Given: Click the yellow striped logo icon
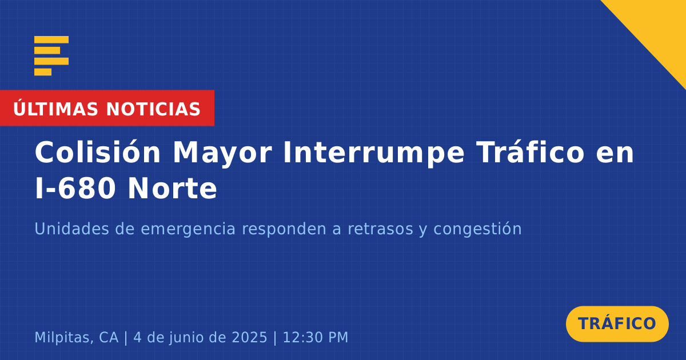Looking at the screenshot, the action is (51, 56).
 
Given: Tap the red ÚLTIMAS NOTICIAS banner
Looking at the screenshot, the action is (107, 108).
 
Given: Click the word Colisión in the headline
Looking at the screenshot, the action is (98, 152).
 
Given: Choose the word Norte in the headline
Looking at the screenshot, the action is (172, 188).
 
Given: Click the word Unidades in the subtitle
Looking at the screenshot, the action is (71, 229).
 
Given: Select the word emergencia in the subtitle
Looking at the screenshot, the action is (188, 230).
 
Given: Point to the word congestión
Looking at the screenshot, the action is (477, 230).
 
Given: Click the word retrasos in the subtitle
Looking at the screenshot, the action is (380, 229).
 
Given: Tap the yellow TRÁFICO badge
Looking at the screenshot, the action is (617, 324).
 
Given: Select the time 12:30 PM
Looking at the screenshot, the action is (316, 337).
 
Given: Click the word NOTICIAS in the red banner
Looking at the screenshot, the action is (153, 109).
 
